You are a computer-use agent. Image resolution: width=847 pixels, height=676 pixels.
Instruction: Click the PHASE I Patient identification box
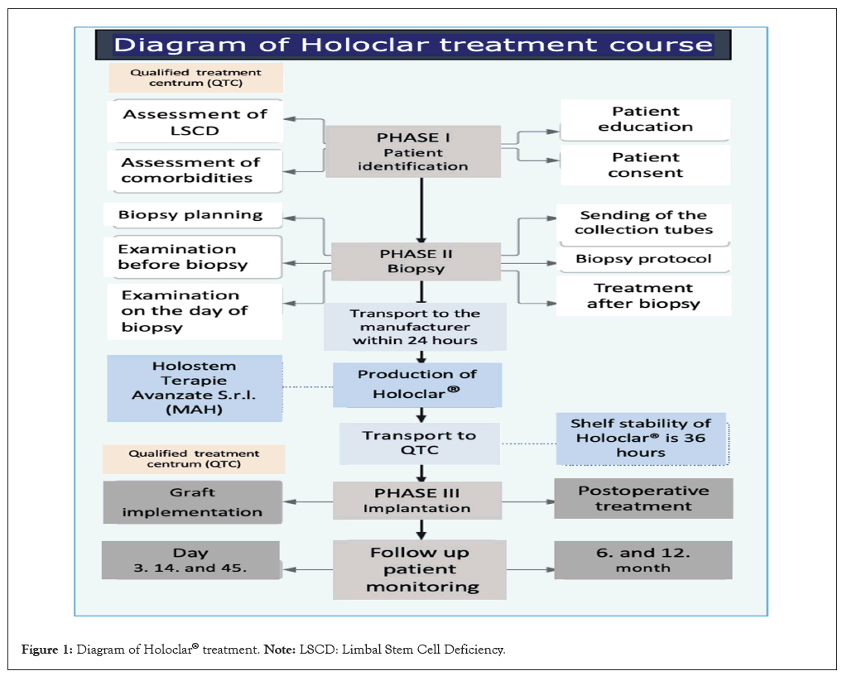coord(412,151)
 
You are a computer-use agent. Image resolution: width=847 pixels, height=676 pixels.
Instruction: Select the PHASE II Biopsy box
coord(416,260)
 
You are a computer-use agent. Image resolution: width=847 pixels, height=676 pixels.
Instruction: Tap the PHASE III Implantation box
coord(417,501)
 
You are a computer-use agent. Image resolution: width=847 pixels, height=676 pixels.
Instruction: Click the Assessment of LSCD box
coord(195,122)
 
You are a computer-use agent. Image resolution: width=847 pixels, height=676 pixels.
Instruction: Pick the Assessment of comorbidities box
coord(194,170)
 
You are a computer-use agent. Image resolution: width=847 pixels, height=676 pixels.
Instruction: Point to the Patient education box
coord(645,119)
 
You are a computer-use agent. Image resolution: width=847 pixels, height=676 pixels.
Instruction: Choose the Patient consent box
coord(645,165)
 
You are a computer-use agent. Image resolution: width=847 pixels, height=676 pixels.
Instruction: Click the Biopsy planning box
coord(191,215)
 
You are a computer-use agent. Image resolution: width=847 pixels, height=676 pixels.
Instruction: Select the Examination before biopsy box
coord(194,257)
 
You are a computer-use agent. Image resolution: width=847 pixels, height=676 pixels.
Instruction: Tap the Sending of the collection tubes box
coord(643,223)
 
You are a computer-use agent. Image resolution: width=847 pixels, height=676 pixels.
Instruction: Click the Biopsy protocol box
coord(643,259)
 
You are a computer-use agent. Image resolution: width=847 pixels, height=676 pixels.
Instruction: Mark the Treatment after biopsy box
coord(643,295)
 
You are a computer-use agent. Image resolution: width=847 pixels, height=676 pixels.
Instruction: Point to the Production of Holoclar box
coord(417,384)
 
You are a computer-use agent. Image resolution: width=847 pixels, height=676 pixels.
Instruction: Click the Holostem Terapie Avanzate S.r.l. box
coord(194,387)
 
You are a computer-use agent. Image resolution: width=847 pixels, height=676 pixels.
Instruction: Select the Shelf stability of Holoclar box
coord(640,438)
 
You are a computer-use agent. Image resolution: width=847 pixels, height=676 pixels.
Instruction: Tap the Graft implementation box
coord(193,501)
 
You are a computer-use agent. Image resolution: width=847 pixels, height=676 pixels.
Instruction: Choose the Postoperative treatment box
coord(642,498)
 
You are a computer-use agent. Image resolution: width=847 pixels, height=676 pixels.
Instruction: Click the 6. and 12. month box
coord(642,560)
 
